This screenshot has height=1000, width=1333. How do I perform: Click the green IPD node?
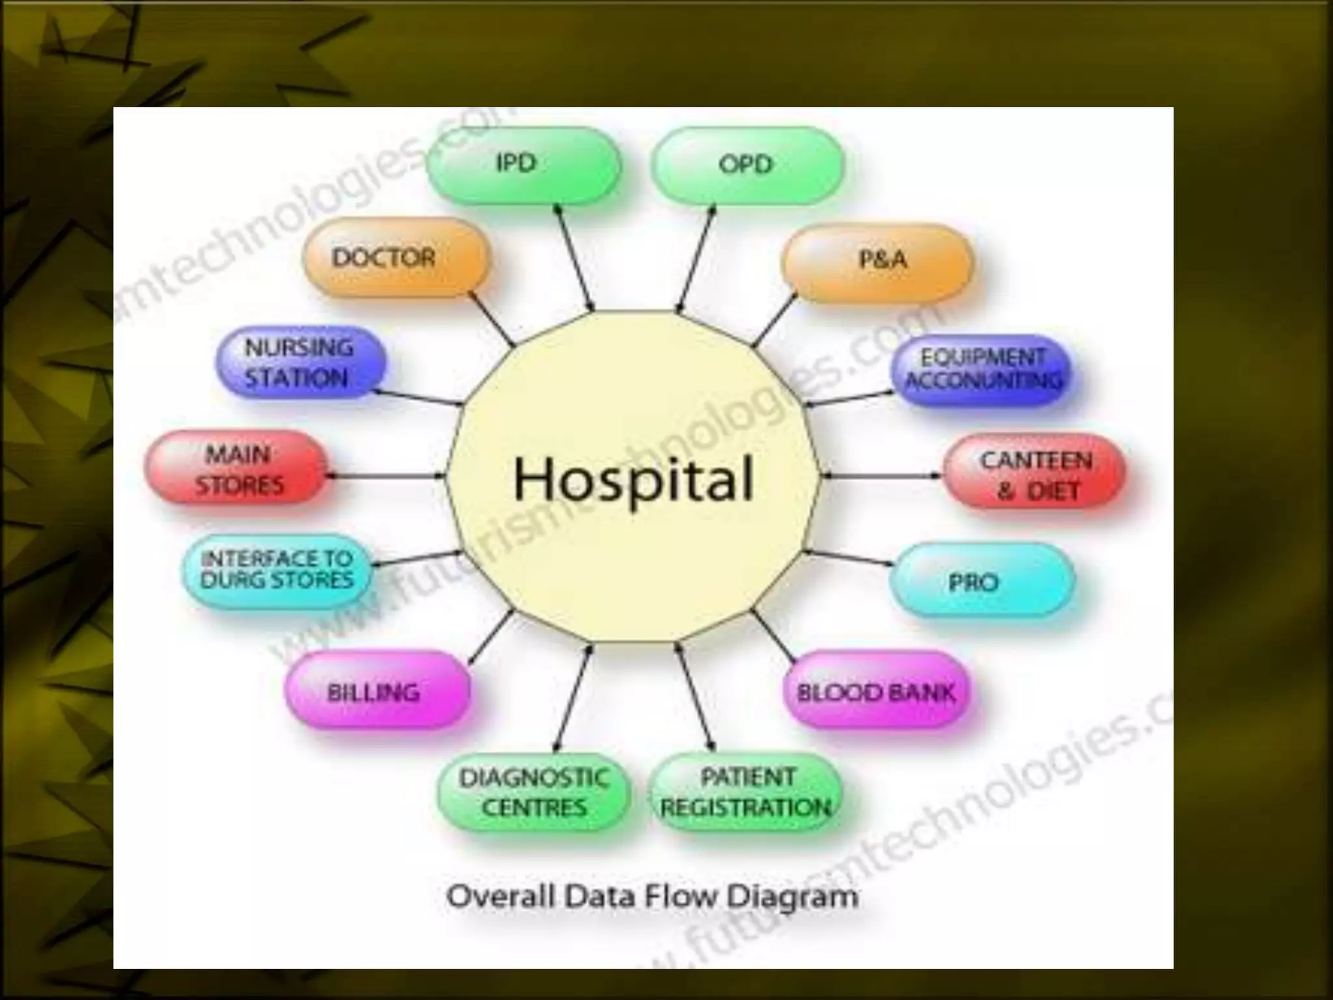523,164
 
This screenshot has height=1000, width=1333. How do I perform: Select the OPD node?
747,165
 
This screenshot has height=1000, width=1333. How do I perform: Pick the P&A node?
877,261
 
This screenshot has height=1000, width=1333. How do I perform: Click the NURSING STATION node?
300,363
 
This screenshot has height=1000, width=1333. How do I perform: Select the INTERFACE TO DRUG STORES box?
277,570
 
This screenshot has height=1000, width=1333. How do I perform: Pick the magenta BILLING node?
377,691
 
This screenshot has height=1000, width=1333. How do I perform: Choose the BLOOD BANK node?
876,691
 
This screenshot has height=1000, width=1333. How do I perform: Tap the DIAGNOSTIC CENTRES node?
534,792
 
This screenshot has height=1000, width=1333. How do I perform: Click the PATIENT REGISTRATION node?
746,792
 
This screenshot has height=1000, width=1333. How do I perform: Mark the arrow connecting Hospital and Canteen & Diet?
881,475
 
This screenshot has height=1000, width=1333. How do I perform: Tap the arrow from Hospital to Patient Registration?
696,697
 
